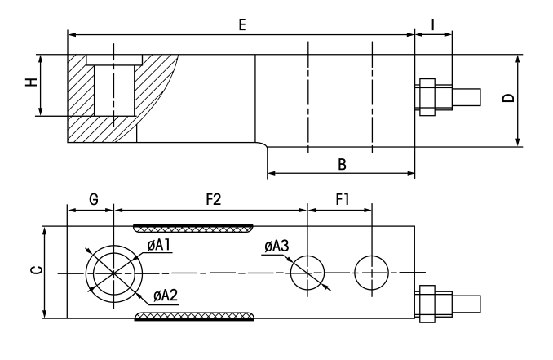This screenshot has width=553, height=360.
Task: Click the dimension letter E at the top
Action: (x=242, y=25)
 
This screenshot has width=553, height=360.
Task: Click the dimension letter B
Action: (x=343, y=164)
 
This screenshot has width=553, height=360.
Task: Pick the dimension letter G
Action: (x=92, y=199)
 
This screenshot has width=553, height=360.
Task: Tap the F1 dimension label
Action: (x=342, y=199)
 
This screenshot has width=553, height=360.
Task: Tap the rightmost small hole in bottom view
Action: (x=371, y=272)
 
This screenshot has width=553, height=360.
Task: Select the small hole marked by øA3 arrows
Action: (x=307, y=272)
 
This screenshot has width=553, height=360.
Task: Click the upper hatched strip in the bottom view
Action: (x=194, y=226)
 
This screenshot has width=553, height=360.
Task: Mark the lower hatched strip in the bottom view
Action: (x=194, y=317)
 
